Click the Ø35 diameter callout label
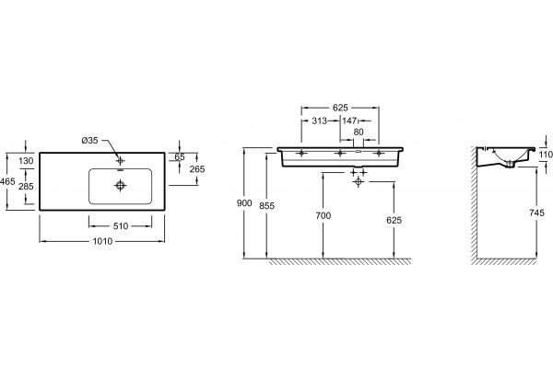point(89,141)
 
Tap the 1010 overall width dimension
point(102,241)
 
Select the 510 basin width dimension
point(121,226)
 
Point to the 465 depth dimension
point(7,182)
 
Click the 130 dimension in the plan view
point(26,161)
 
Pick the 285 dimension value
point(26,186)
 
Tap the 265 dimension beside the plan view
point(197,169)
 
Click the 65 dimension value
point(180,157)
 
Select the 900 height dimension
point(244,203)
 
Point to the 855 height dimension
point(266,206)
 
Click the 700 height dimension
point(324,215)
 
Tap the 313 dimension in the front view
point(320,121)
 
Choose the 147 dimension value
point(349,121)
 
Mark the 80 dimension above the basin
point(359,132)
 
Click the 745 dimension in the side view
point(536,213)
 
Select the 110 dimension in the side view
point(546,155)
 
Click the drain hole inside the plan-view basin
point(121,185)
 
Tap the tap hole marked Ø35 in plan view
point(120,161)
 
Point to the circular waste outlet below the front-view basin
point(359,182)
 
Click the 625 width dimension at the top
point(340,108)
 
